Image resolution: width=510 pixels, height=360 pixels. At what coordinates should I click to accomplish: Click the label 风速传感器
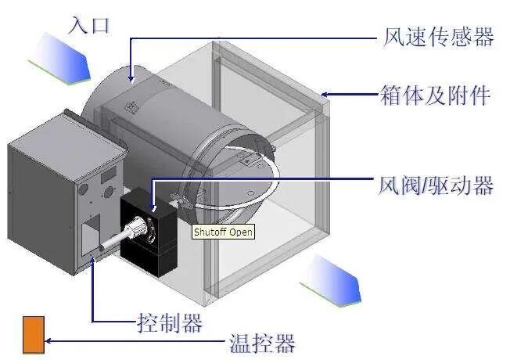click(439, 38)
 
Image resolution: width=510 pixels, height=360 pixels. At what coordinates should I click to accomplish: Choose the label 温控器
click(262, 343)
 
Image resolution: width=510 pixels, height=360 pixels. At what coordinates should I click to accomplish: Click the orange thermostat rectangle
click(34, 334)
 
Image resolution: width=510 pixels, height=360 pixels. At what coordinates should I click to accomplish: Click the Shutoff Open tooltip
click(224, 232)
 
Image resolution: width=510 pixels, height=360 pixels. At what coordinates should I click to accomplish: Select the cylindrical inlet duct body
click(156, 117)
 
